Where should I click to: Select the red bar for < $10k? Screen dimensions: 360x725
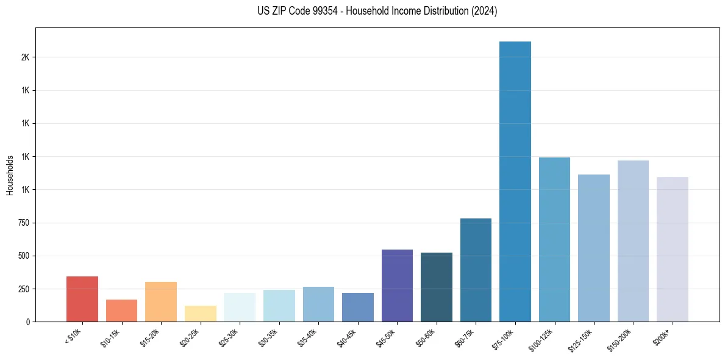click(x=82, y=299)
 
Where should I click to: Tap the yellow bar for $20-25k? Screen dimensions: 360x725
click(x=200, y=314)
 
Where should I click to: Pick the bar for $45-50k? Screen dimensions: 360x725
click(x=397, y=286)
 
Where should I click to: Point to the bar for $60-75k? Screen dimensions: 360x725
click(x=476, y=270)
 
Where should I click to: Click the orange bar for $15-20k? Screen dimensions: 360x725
click(x=161, y=301)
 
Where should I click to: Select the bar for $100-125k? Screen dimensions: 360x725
click(x=554, y=239)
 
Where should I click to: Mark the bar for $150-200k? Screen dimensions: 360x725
click(x=633, y=241)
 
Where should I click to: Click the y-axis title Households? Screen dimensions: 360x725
click(x=10, y=175)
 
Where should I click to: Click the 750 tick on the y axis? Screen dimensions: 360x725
click(x=23, y=223)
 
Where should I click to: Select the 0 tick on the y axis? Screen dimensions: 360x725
click(x=28, y=322)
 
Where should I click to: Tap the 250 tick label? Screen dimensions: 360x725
click(x=23, y=289)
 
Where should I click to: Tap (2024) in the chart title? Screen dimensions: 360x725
click(x=484, y=11)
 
